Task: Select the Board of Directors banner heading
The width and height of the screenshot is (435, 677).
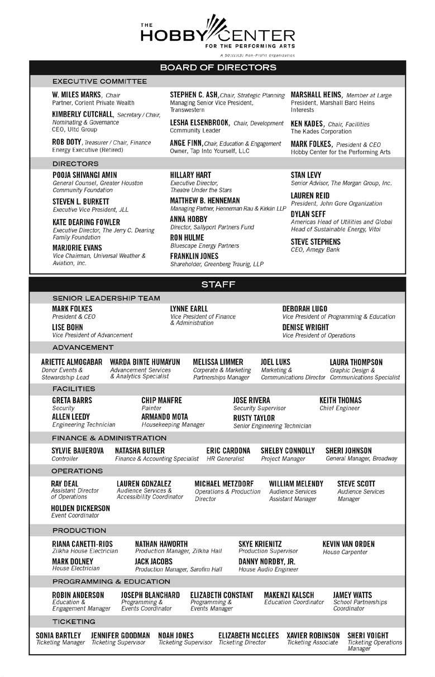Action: pyautogui.click(x=218, y=68)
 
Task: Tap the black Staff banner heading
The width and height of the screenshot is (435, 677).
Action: pyautogui.click(x=218, y=285)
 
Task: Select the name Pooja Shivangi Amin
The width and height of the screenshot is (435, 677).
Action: pyautogui.click(x=85, y=175)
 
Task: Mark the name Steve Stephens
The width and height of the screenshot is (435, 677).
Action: pyautogui.click(x=316, y=242)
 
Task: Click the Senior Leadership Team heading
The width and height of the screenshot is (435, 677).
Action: pyautogui.click(x=106, y=298)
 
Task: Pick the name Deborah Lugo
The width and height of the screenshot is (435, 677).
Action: pyautogui.click(x=305, y=309)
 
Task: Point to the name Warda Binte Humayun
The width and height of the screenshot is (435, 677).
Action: pyautogui.click(x=145, y=362)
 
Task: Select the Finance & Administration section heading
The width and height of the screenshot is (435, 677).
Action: pyautogui.click(x=109, y=438)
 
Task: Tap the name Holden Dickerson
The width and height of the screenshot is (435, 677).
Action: pyautogui.click(x=81, y=508)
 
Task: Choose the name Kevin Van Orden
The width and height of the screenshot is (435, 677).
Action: pyautogui.click(x=348, y=544)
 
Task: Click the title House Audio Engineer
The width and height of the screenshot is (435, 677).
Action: pyautogui.click(x=268, y=570)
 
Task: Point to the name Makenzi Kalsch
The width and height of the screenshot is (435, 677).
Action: pyautogui.click(x=289, y=595)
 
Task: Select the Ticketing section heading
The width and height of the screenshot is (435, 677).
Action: pyautogui.click(x=74, y=622)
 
